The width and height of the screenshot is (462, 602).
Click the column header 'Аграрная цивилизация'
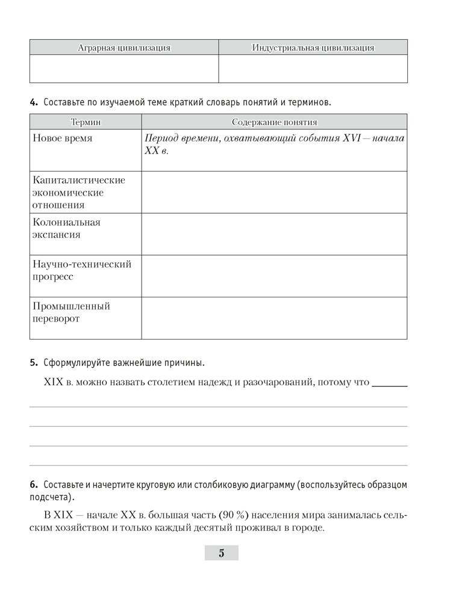click(124, 48)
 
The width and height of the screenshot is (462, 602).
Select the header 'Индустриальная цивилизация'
click(313, 48)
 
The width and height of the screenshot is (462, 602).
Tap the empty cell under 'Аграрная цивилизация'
click(124, 69)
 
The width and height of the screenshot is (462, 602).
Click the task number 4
click(34, 102)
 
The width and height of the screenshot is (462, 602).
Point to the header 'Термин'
click(85, 122)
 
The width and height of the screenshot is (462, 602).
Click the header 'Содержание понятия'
click(273, 122)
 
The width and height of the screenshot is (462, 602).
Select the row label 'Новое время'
click(63, 138)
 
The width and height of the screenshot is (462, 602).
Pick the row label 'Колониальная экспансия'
click(66, 228)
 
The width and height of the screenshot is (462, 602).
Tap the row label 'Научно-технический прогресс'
click(81, 270)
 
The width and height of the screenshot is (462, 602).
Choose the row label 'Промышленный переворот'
click(71, 312)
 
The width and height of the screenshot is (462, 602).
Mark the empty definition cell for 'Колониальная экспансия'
click(274, 234)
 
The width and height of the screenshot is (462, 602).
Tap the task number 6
click(34, 485)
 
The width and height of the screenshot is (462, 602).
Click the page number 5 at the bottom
click(221, 553)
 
